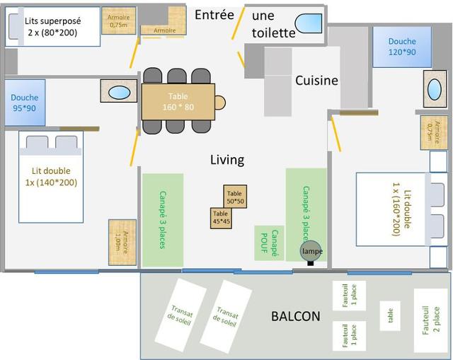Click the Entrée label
[214, 15]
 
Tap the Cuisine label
[316, 81]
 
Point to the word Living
[227, 160]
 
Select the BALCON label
[296, 316]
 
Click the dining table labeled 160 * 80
[178, 102]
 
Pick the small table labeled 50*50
[235, 197]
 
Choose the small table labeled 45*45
[221, 218]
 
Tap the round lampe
[307, 252]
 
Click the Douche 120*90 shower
[402, 47]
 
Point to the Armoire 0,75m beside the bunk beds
[118, 21]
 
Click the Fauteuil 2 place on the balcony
[430, 320]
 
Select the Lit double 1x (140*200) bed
[51, 177]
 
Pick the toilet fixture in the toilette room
[309, 23]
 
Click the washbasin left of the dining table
[120, 93]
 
